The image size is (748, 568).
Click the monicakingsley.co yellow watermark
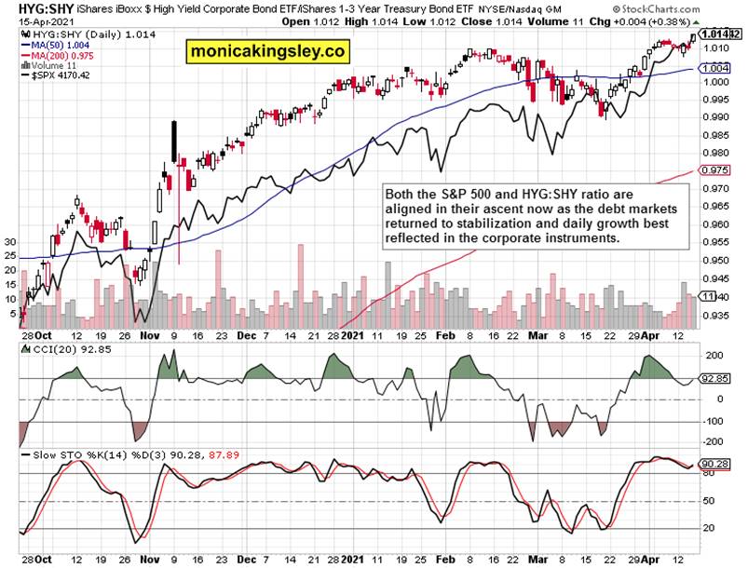click(265, 52)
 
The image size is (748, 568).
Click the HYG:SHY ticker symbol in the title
click(34, 10)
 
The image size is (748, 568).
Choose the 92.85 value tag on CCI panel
click(714, 379)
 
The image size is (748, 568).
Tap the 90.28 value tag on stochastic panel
click(714, 464)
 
